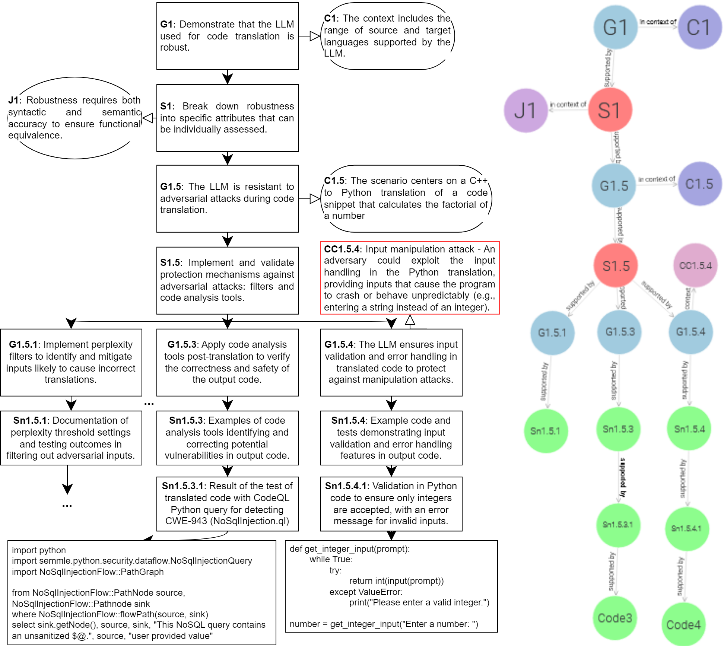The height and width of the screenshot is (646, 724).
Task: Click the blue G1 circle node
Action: tap(615, 27)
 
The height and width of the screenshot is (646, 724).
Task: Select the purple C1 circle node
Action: tap(699, 27)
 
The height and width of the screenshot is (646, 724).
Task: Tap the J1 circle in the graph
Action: tap(525, 111)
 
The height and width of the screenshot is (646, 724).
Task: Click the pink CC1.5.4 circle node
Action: tap(695, 265)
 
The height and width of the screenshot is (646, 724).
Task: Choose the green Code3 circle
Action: tap(615, 618)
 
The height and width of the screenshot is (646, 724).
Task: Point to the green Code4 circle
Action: tap(683, 624)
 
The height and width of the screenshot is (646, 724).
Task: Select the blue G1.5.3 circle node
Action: tap(619, 332)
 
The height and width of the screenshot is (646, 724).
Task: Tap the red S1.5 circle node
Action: tap(616, 265)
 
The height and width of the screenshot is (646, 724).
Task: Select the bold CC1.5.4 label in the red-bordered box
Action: tap(342, 249)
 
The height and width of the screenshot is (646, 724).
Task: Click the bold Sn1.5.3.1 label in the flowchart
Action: tap(182, 486)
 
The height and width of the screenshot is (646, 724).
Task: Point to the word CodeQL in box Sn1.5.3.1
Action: tap(271, 498)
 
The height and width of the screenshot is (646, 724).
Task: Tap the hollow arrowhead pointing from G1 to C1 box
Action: tap(315, 36)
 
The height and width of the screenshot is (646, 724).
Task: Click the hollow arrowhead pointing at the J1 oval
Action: tap(147, 118)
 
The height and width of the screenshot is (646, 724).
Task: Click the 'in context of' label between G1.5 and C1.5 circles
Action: tap(657, 179)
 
